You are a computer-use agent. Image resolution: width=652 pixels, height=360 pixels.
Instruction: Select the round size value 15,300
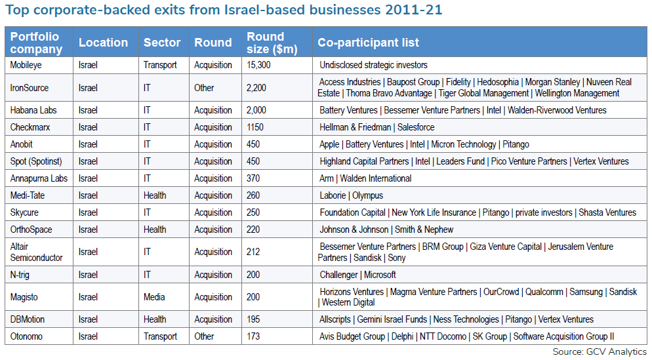tap(258, 65)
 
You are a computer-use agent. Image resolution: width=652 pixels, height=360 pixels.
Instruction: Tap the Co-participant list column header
tap(368, 43)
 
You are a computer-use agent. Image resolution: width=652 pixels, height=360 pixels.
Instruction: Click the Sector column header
tap(162, 43)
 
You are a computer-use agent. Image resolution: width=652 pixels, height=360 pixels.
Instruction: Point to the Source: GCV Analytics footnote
tap(600, 352)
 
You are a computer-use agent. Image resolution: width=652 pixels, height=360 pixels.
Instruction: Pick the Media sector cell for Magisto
tap(155, 297)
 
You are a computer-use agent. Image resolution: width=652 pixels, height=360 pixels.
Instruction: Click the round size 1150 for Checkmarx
tap(257, 127)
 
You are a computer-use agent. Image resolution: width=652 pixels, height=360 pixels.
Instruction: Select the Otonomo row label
tap(27, 336)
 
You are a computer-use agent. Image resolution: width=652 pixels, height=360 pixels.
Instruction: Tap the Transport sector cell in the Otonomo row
tap(160, 336)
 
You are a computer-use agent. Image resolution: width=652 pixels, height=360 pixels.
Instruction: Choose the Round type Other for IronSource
tap(204, 87)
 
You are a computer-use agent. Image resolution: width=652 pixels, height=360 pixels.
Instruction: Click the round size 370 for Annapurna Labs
tap(253, 178)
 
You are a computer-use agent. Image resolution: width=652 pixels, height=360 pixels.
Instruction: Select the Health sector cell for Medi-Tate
tap(155, 195)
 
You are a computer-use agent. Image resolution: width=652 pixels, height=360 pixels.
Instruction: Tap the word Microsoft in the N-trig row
tap(380, 275)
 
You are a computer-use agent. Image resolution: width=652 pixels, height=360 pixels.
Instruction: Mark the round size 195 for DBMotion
tap(253, 319)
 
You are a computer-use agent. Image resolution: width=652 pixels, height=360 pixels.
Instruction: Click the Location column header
tap(103, 43)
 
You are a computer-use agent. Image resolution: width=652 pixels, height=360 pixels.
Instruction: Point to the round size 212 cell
tap(253, 252)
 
